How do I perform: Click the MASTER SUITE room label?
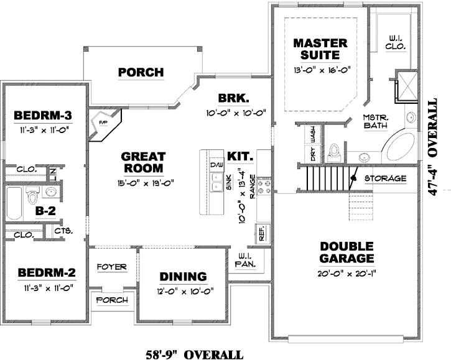point(320,50)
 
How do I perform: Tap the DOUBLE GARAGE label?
point(338,252)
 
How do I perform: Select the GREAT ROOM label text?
point(142,162)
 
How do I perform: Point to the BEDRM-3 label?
point(43,115)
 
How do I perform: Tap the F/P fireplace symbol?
point(103,123)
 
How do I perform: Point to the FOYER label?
point(113,267)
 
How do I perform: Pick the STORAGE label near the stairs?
point(386,178)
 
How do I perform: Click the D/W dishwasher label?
point(216,164)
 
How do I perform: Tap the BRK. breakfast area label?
point(233,98)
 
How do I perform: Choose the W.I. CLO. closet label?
point(396,41)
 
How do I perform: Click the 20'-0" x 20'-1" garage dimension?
point(338,272)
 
